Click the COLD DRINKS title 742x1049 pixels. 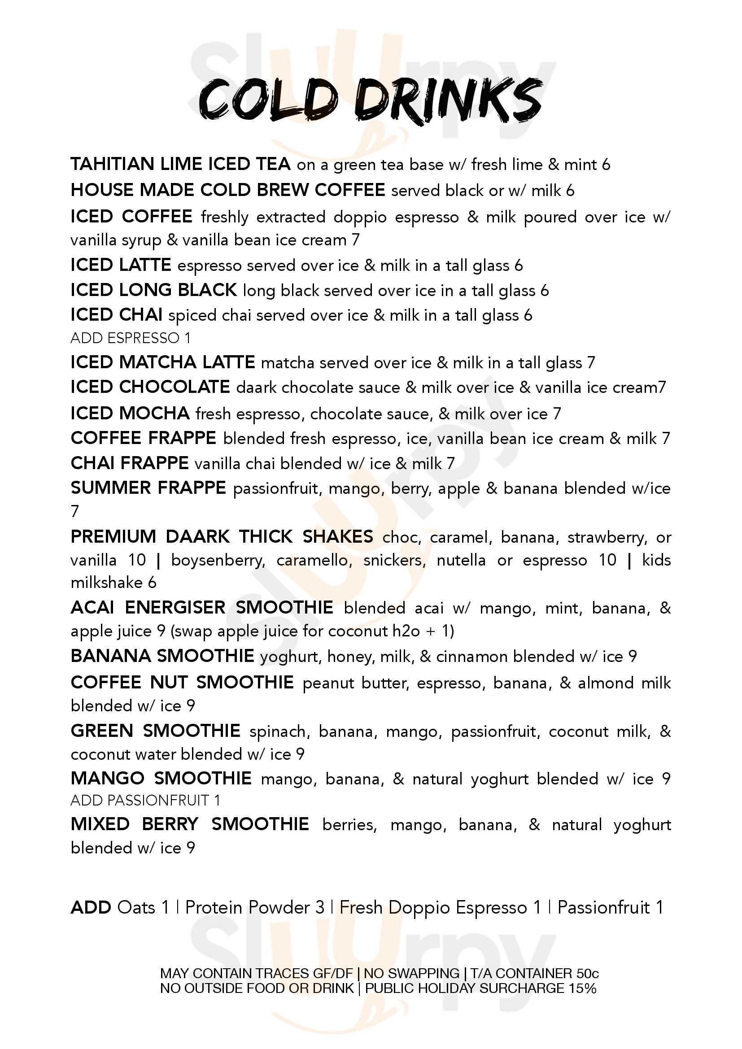tap(370, 100)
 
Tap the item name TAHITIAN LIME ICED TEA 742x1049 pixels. tap(180, 164)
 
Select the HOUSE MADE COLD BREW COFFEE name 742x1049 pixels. tap(227, 190)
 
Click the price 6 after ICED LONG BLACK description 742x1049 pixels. tap(544, 291)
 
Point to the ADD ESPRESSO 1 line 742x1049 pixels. tap(130, 338)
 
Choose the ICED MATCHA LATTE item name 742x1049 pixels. tap(162, 362)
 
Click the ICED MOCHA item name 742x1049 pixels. tap(130, 414)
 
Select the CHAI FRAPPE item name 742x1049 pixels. tap(129, 463)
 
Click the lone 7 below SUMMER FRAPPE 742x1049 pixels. tap(75, 511)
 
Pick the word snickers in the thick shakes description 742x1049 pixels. tap(394, 560)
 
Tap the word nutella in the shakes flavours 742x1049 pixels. tap(461, 560)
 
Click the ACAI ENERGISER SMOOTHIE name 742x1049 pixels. tap(201, 608)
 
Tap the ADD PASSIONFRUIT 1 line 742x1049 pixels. tap(145, 801)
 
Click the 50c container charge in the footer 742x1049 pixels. tap(587, 974)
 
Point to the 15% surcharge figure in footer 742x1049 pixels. tap(583, 988)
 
